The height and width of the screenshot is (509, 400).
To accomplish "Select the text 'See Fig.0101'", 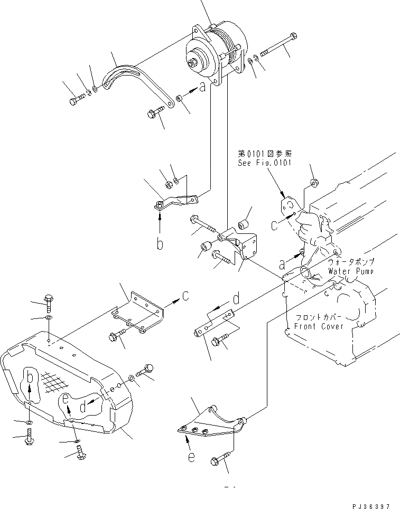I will click(264, 163).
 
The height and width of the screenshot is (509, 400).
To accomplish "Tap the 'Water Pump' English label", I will click(350, 271).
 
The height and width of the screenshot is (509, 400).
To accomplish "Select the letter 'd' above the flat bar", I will click(237, 299).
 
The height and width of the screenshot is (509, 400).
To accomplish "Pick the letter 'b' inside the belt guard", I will click(30, 378).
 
